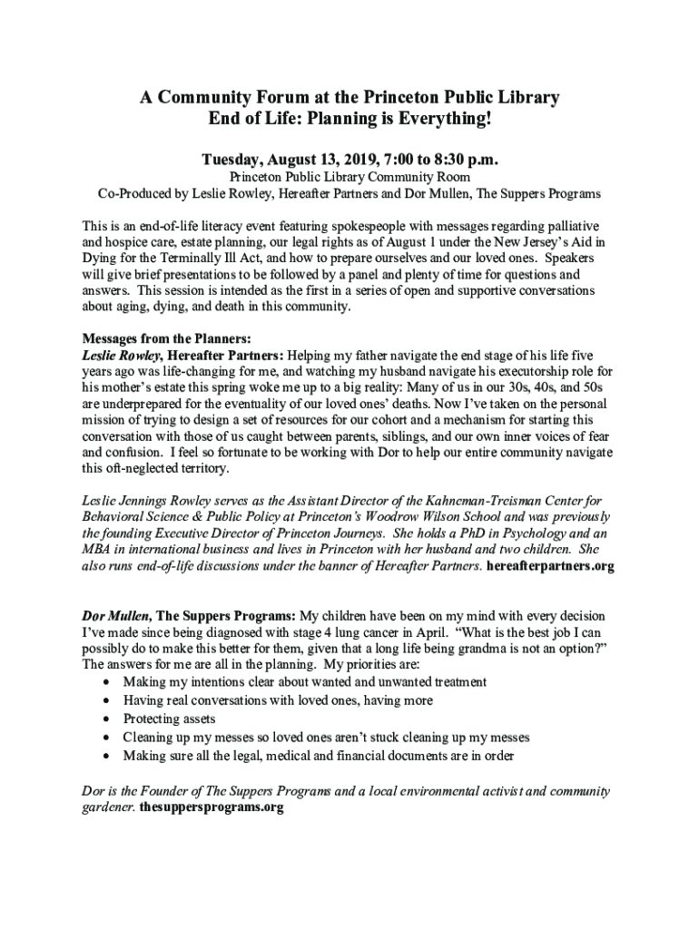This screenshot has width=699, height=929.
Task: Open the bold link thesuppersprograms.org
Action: [212, 807]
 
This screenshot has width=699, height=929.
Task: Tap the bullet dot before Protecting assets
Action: [108, 719]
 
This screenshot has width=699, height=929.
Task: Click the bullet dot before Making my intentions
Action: [108, 681]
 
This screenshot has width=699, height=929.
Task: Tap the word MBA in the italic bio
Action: [98, 549]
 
